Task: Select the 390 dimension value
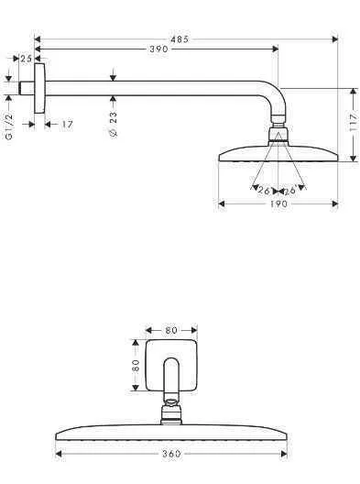[x=157, y=49]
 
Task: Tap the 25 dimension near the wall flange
[x=26, y=59]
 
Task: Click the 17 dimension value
[x=67, y=124]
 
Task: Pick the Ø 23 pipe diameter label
[x=114, y=120]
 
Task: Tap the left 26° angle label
[x=264, y=190]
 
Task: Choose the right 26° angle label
[x=289, y=190]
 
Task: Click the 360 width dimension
[x=171, y=453]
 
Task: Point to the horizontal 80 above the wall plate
[x=171, y=329]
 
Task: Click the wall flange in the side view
[x=39, y=88]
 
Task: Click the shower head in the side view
[x=277, y=154]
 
